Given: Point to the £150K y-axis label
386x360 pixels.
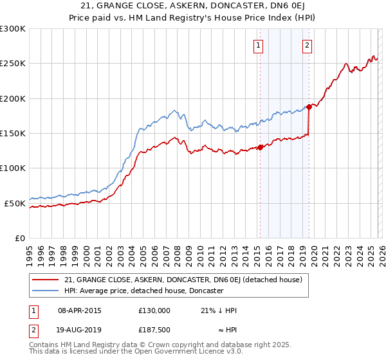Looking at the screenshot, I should [x=13, y=134].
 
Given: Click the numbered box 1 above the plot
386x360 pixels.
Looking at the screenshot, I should [x=258, y=45].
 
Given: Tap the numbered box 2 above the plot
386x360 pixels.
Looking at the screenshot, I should [x=308, y=45].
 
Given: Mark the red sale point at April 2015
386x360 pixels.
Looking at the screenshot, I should [x=260, y=147].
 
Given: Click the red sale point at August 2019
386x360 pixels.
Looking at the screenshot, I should [x=309, y=107].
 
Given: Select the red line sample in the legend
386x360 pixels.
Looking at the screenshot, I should [x=47, y=280].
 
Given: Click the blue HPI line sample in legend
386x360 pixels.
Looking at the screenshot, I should [x=47, y=291].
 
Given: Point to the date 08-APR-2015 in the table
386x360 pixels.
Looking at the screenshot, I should [x=79, y=310].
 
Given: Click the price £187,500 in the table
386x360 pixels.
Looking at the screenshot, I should [x=154, y=329].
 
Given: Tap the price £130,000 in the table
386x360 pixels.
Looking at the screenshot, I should [x=154, y=310].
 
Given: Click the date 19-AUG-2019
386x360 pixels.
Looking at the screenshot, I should [x=79, y=329].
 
